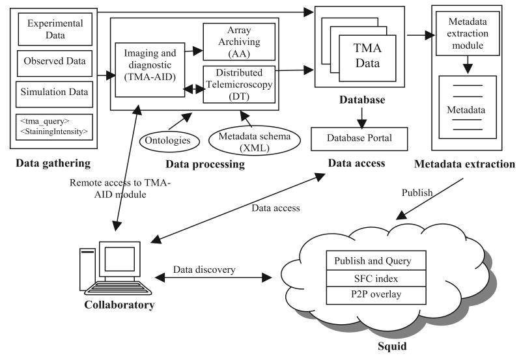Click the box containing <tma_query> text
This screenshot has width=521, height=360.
pos(55,126)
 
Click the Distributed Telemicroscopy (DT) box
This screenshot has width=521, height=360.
pos(240,83)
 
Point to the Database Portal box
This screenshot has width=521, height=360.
pos(359,139)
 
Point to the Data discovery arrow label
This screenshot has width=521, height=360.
pos(203,268)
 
